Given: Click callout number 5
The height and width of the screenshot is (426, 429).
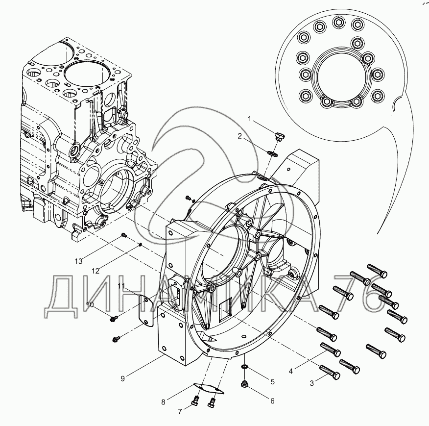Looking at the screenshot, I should (x=272, y=381).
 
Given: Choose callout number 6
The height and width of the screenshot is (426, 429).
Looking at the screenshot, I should (x=272, y=401).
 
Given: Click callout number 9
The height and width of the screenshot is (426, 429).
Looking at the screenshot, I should (x=123, y=377).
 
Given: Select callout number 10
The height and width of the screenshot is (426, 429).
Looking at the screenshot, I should (x=90, y=305).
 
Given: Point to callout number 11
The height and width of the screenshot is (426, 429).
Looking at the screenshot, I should (x=121, y=286).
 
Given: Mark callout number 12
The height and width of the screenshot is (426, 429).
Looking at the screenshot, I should (x=95, y=270).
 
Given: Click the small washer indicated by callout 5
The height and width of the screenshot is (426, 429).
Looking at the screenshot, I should (x=243, y=367).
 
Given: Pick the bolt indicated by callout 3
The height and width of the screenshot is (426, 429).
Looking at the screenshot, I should (x=330, y=372).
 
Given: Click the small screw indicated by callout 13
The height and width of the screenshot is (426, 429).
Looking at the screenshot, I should (x=124, y=235).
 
